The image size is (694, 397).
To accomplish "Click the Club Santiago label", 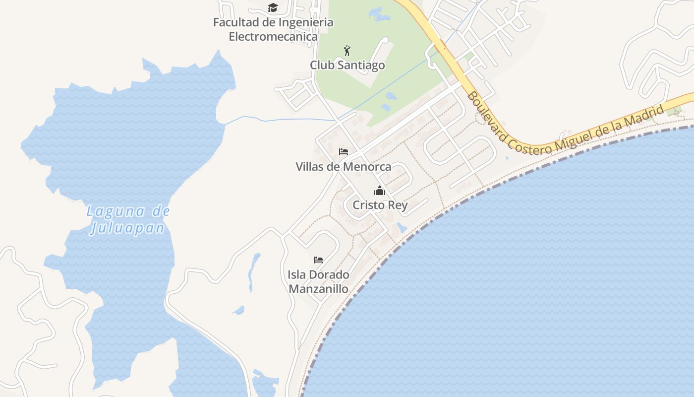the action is [x=347, y=65].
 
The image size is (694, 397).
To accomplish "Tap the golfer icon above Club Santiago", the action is [x=347, y=50].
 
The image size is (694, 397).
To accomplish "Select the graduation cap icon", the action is [x=273, y=7].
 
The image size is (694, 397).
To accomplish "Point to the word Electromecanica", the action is [x=273, y=36].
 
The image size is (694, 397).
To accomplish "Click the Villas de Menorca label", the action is [x=343, y=167].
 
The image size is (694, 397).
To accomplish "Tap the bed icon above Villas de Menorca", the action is [x=343, y=151].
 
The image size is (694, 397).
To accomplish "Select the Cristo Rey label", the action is [x=380, y=205].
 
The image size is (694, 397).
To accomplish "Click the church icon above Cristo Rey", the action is [x=380, y=191].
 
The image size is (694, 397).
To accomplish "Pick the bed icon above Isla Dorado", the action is [x=318, y=260].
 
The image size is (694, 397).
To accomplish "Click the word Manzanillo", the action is [x=318, y=288].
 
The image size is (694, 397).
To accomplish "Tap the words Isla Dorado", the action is [x=318, y=274].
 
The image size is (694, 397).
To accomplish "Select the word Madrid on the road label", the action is [x=644, y=118].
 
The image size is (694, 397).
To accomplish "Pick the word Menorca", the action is [x=367, y=167].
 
